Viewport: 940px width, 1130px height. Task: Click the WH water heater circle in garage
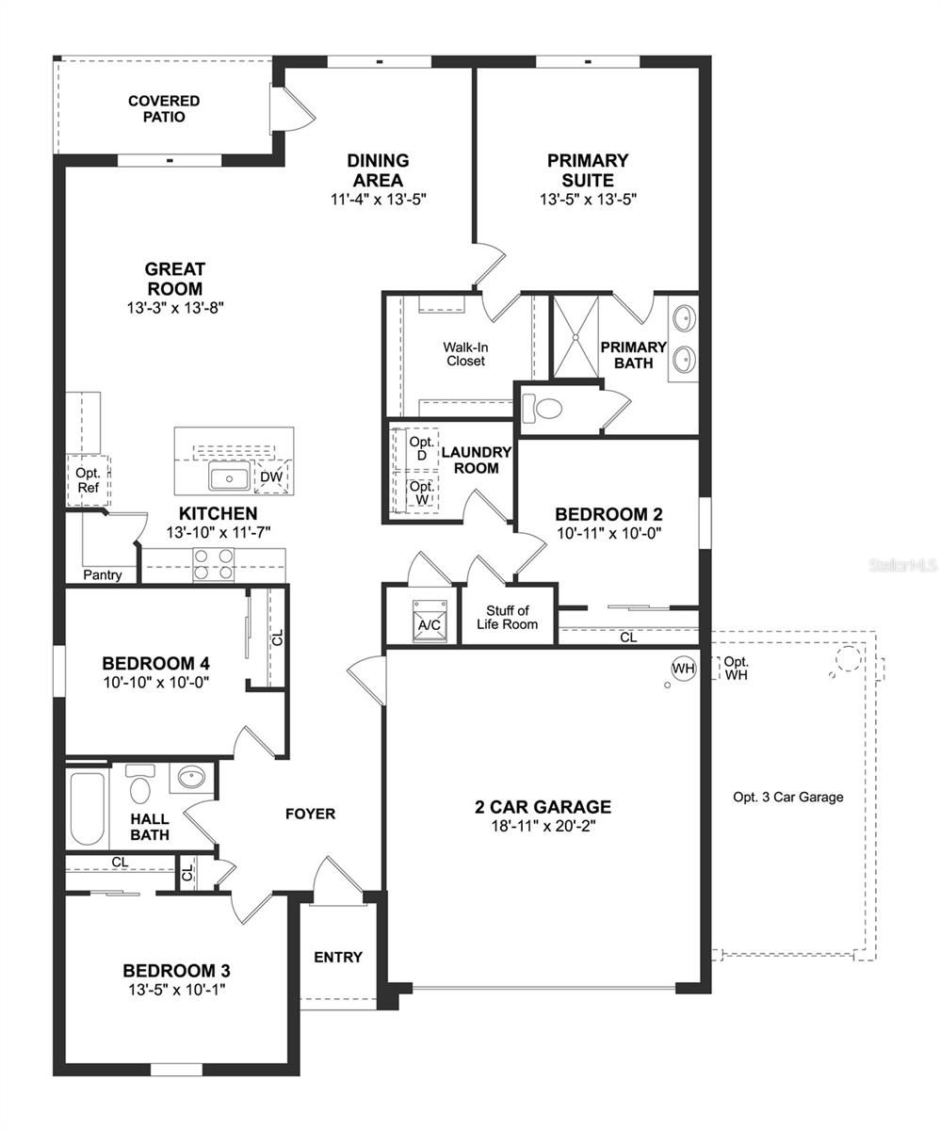point(683,669)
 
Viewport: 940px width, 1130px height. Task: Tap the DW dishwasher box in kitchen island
point(271,477)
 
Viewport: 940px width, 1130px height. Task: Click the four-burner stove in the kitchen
point(213,563)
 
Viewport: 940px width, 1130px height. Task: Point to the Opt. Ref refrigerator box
point(88,480)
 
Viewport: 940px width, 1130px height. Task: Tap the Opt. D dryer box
point(422,449)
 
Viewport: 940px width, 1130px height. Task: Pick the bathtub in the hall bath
point(87,808)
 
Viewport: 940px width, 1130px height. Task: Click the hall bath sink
point(191,779)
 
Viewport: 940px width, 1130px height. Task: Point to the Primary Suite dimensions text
point(589,200)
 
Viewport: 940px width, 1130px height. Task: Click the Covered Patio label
point(164,108)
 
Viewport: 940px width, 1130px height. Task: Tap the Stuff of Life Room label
point(508,618)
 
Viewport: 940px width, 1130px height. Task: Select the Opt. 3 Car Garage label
point(787,797)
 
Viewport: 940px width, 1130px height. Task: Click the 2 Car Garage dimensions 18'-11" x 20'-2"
point(542,826)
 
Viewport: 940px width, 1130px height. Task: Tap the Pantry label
point(102,574)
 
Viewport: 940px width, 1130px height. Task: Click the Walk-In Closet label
point(465,353)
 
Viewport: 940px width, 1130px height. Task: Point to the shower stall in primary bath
point(575,337)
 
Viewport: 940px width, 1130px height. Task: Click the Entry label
point(338,957)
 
